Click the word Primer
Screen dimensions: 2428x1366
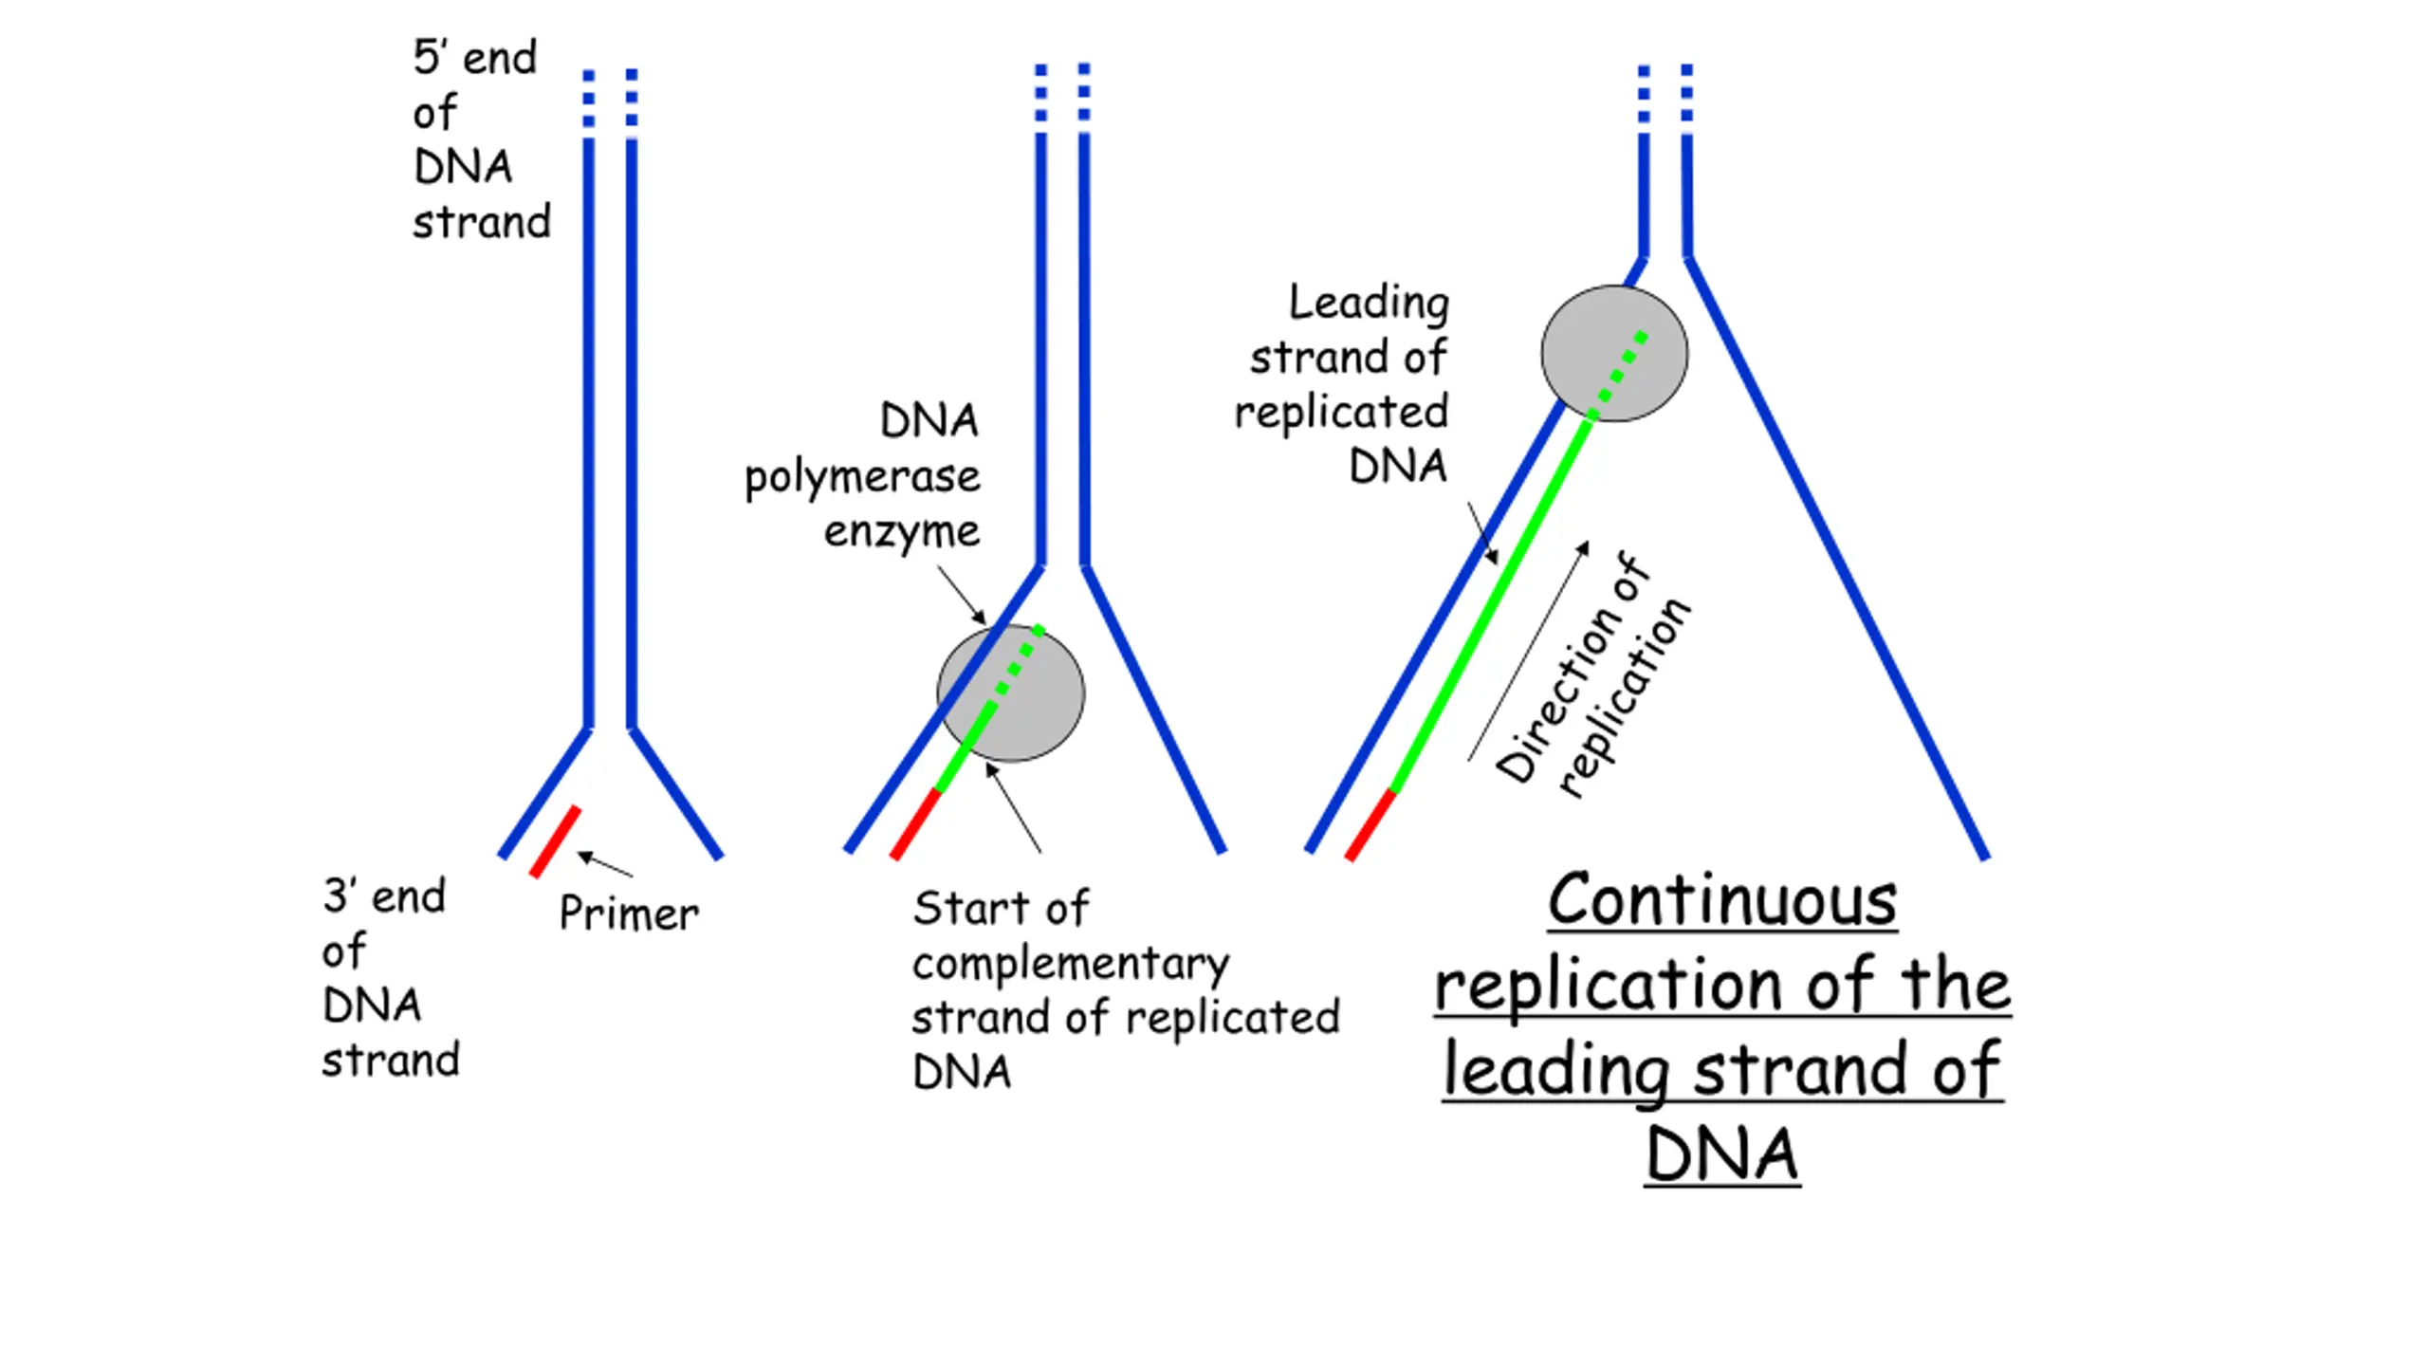pos(629,914)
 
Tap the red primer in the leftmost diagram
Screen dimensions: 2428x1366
pos(555,841)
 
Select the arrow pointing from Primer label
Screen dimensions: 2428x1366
pos(605,864)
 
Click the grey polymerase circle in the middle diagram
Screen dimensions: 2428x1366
pos(1011,692)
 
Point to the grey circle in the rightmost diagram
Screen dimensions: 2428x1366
pos(1614,354)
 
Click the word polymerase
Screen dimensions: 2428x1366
pos(862,477)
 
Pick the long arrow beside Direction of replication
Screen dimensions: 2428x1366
pos(1528,651)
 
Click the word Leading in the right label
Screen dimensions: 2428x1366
pos(1369,304)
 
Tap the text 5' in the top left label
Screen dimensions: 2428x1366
pos(429,57)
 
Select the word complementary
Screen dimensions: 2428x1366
pos(1071,965)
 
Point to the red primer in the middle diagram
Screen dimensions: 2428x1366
pos(915,823)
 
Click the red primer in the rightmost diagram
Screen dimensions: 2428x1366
pos(1370,824)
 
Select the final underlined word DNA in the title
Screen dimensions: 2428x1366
pos(1722,1154)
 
